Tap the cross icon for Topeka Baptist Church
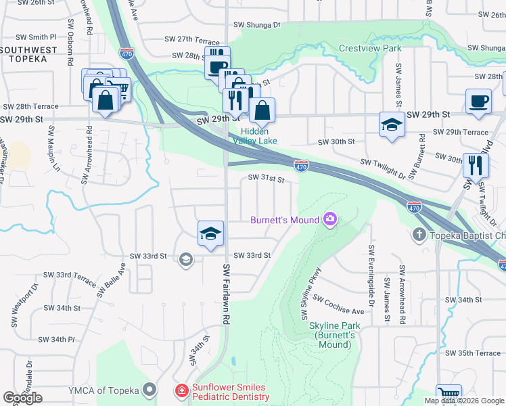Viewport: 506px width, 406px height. tap(419, 235)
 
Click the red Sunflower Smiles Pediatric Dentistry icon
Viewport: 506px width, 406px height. tap(181, 390)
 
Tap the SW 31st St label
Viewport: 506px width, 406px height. tap(265, 179)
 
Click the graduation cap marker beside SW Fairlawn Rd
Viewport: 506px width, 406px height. tap(210, 233)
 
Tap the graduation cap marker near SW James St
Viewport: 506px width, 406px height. tap(392, 125)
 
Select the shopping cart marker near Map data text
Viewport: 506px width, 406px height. tap(448, 394)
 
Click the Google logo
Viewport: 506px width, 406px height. tap(23, 397)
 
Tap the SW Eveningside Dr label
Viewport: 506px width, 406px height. tap(371, 271)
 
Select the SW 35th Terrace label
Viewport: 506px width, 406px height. tap(473, 353)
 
